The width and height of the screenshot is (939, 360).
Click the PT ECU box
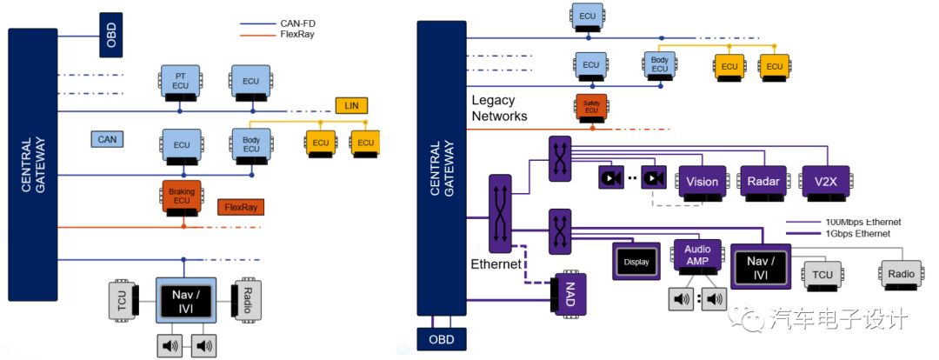(180, 80)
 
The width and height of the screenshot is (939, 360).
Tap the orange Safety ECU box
(591, 108)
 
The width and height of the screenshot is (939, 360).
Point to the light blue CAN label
(108, 138)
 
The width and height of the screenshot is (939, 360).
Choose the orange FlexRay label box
(240, 207)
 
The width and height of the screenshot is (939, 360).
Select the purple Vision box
(702, 182)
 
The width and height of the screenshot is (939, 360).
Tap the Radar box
(763, 182)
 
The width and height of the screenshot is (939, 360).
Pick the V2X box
(825, 182)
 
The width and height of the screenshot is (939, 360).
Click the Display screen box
(636, 261)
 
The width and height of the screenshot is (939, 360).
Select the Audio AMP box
(697, 256)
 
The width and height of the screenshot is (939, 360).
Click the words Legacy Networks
(500, 108)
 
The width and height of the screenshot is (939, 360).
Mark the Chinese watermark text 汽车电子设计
(838, 318)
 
